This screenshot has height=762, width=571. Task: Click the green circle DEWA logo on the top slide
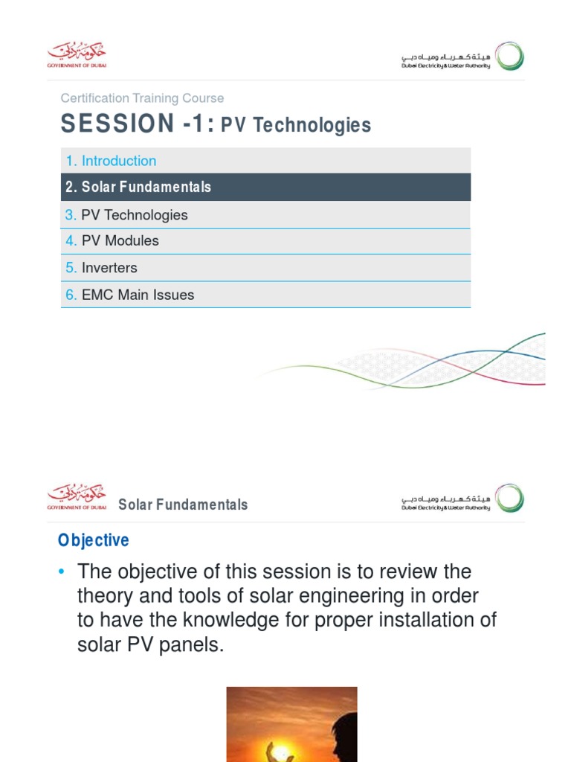coord(510,57)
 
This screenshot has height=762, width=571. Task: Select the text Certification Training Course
coord(142,98)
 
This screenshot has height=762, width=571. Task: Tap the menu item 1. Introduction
coord(111,161)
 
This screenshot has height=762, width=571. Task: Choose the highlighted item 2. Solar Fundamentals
coord(138,187)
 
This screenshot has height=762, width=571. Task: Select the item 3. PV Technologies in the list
coord(126,215)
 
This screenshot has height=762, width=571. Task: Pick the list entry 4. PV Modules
coord(112,240)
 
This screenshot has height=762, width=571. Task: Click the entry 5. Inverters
coord(101,268)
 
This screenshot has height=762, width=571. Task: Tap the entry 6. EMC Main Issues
coord(129,295)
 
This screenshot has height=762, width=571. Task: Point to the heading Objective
coord(94,540)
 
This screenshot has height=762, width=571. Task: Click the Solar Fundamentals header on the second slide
coord(183,505)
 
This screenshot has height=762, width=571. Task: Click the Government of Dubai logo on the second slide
coord(77,496)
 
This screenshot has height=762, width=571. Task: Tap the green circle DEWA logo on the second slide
coord(510,499)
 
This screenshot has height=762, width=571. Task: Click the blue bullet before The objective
coord(62,571)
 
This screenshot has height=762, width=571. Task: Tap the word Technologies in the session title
coord(312,126)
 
